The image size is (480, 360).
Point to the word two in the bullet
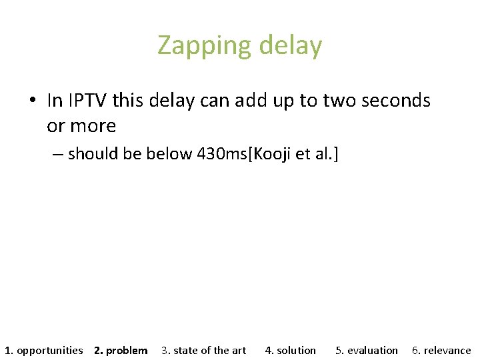tap(338, 101)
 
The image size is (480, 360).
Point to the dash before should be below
tap(57, 155)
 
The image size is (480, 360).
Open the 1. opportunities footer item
tap(44, 350)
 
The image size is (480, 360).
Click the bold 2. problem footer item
tap(121, 350)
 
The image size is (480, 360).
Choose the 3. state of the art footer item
tap(203, 350)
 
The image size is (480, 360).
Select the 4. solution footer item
tap(290, 350)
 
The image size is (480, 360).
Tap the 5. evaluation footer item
tap(366, 350)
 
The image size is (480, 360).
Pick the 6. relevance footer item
tap(441, 350)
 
